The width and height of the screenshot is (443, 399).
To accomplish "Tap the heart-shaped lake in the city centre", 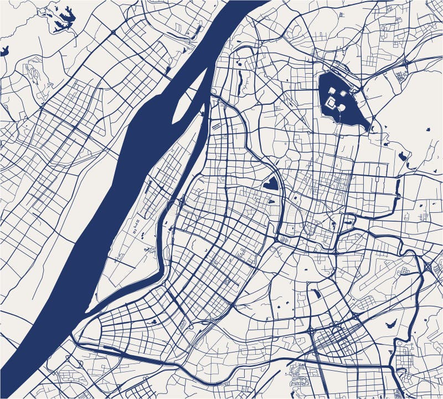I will click(x=270, y=182).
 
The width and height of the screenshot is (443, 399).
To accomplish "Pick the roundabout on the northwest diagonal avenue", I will click(x=114, y=33).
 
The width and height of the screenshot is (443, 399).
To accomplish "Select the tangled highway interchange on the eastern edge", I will click(x=429, y=266).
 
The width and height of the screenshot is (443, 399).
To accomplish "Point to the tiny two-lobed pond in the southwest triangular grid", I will click(x=153, y=321).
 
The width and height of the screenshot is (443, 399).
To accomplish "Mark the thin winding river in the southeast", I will click(x=413, y=288).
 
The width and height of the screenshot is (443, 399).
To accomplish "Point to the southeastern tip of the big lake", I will click(x=369, y=130).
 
